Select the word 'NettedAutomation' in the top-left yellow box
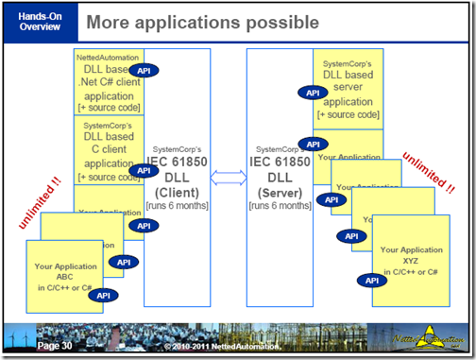click(106, 58)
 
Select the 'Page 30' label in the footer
click(55, 347)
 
